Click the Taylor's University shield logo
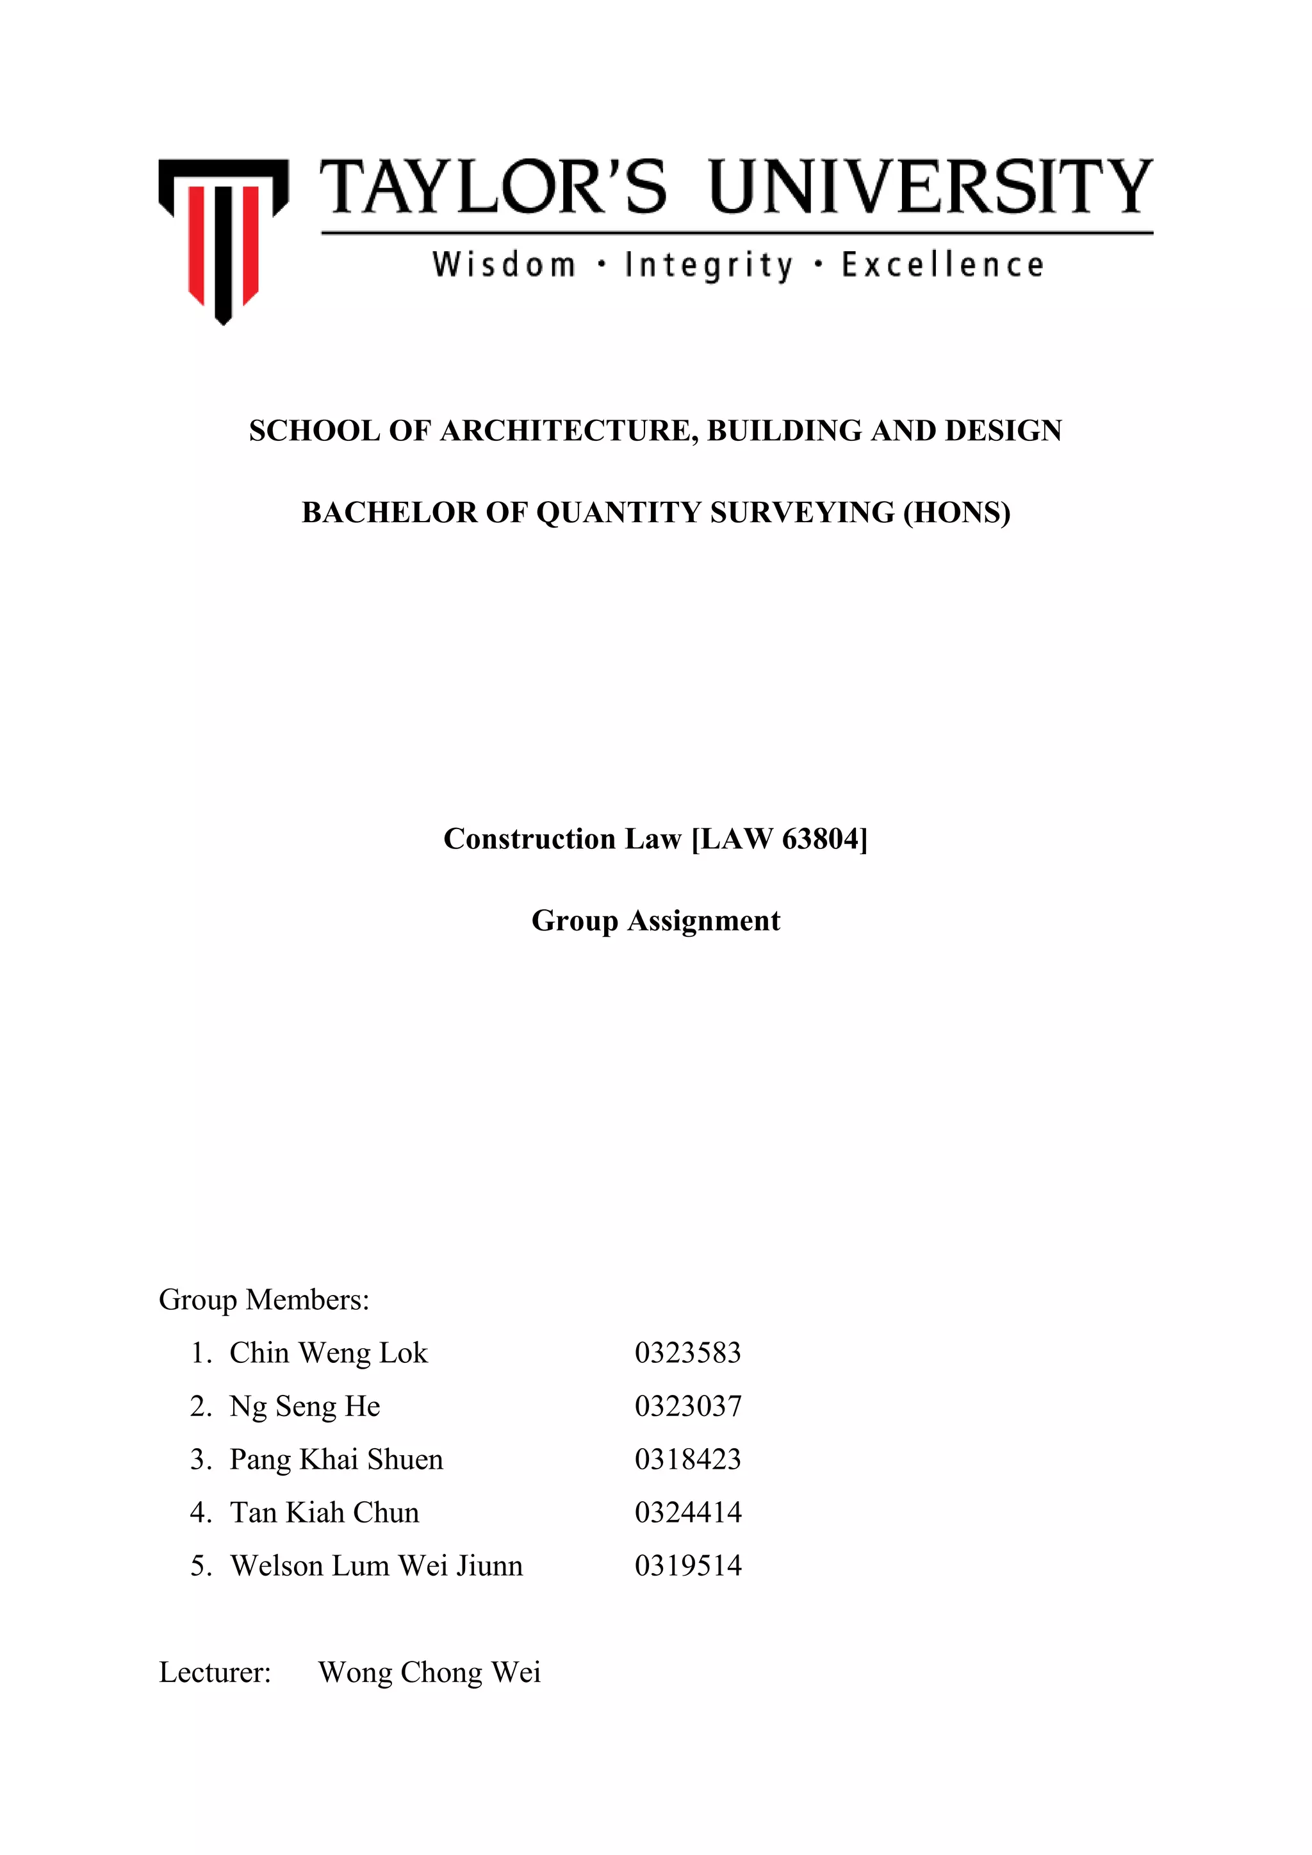[x=223, y=238]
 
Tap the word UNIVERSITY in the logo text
[x=931, y=188]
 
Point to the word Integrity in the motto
[x=709, y=265]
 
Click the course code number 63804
[x=820, y=839]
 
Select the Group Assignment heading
[x=655, y=920]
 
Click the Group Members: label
[x=263, y=1299]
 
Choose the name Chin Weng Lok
[x=328, y=1353]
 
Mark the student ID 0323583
[x=687, y=1353]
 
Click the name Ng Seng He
[x=304, y=1406]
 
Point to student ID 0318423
[x=687, y=1459]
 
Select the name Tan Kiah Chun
[x=325, y=1512]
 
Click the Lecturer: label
[x=215, y=1672]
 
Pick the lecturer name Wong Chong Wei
[x=429, y=1672]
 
